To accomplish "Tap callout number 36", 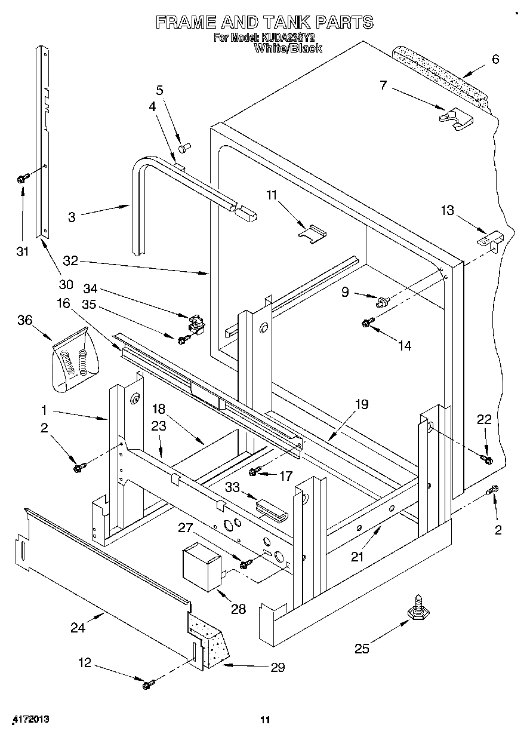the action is click(x=25, y=320).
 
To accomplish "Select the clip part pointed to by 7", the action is click(x=457, y=119).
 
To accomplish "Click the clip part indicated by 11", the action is click(x=312, y=234).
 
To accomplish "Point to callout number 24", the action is click(x=78, y=628).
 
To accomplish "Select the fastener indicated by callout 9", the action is click(x=383, y=301).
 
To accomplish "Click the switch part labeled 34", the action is click(x=196, y=324).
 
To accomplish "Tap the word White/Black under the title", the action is click(x=288, y=48).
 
